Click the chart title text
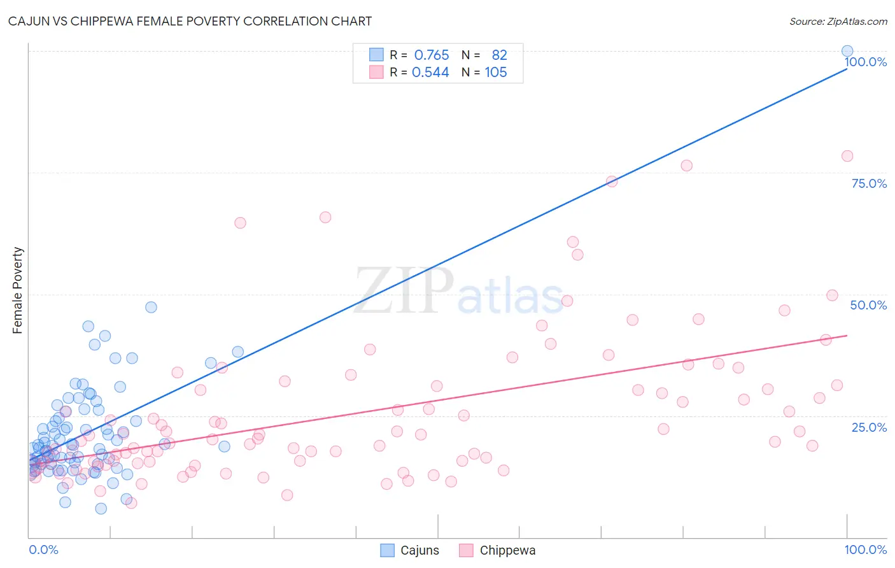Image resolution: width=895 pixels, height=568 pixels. pyautogui.click(x=190, y=21)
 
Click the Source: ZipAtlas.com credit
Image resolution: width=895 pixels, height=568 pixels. pyautogui.click(x=838, y=22)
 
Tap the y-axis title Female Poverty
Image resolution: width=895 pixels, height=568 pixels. pyautogui.click(x=18, y=290)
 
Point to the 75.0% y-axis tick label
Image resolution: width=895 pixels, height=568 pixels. pyautogui.click(x=869, y=183)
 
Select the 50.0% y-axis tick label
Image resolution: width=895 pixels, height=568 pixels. pyautogui.click(x=868, y=305)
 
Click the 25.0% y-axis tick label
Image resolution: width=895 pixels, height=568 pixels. pyautogui.click(x=869, y=427)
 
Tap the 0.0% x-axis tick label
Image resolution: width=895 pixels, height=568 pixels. pyautogui.click(x=43, y=550)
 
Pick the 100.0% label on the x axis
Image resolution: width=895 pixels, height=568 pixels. pyautogui.click(x=865, y=550)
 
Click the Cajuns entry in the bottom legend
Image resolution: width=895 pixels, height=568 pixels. pyautogui.click(x=410, y=550)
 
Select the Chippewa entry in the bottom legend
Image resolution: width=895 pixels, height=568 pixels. pyautogui.click(x=498, y=550)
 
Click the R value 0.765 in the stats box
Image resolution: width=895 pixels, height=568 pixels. pyautogui.click(x=432, y=55)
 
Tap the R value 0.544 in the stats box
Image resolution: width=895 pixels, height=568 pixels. pyautogui.click(x=430, y=73)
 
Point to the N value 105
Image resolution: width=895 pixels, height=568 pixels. pyautogui.click(x=496, y=73)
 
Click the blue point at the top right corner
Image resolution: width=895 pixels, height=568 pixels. pyautogui.click(x=847, y=51)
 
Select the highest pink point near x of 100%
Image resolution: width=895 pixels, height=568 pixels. pyautogui.click(x=847, y=156)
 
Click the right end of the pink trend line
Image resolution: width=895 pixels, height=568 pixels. pyautogui.click(x=847, y=336)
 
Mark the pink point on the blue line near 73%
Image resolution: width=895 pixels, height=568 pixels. pyautogui.click(x=612, y=181)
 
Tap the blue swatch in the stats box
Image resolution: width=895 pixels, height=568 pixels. pyautogui.click(x=376, y=55)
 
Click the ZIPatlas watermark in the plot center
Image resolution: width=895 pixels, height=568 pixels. pyautogui.click(x=458, y=292)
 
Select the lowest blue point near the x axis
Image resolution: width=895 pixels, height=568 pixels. pyautogui.click(x=101, y=508)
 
